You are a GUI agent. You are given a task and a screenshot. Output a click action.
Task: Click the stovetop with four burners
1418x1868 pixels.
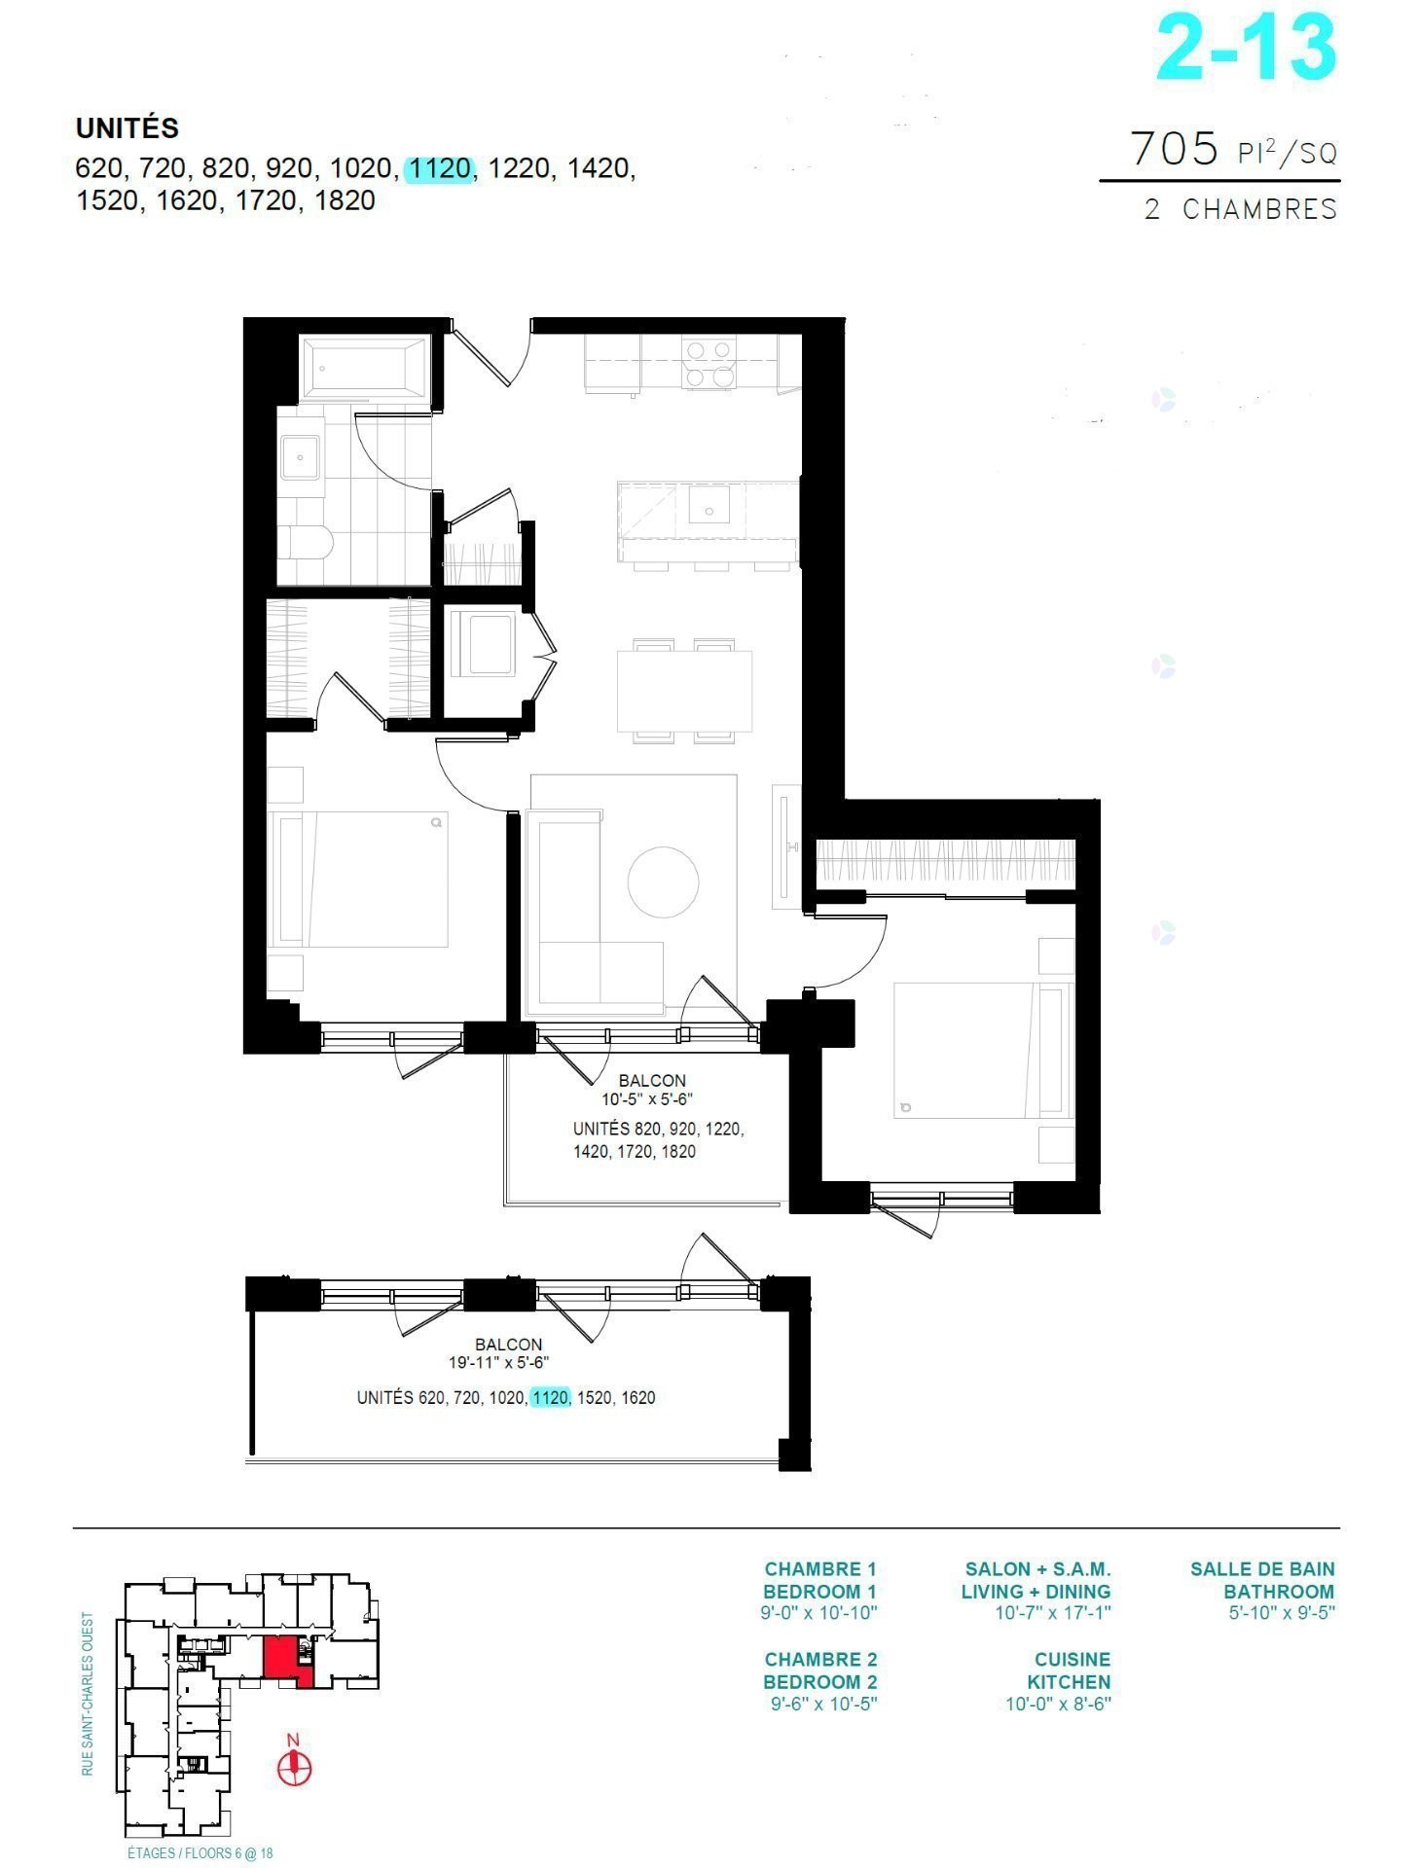[x=708, y=362]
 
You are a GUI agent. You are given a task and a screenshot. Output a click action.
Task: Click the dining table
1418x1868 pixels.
[x=684, y=691]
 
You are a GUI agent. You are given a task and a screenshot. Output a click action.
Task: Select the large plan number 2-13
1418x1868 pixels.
[x=1246, y=48]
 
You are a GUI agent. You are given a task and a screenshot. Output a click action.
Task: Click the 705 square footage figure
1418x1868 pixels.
[x=1175, y=149]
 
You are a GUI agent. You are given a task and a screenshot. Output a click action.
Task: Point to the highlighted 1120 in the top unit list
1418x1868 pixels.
[x=440, y=169]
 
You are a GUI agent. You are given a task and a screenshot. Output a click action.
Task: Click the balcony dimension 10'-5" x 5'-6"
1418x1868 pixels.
[x=647, y=1100]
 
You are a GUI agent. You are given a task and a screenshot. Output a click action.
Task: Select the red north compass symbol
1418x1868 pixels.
[x=294, y=1767]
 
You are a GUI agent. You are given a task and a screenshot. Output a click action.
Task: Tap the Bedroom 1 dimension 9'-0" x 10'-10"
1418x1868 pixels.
[x=821, y=1613]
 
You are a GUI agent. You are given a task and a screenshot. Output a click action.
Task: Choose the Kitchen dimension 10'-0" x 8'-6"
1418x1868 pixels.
[x=1058, y=1704]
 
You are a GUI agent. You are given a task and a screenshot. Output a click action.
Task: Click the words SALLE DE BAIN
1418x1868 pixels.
[x=1262, y=1568]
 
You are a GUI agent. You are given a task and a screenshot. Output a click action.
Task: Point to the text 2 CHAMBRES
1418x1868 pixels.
[x=1241, y=209]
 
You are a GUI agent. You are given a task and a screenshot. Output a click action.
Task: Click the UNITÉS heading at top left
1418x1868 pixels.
[x=127, y=127]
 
